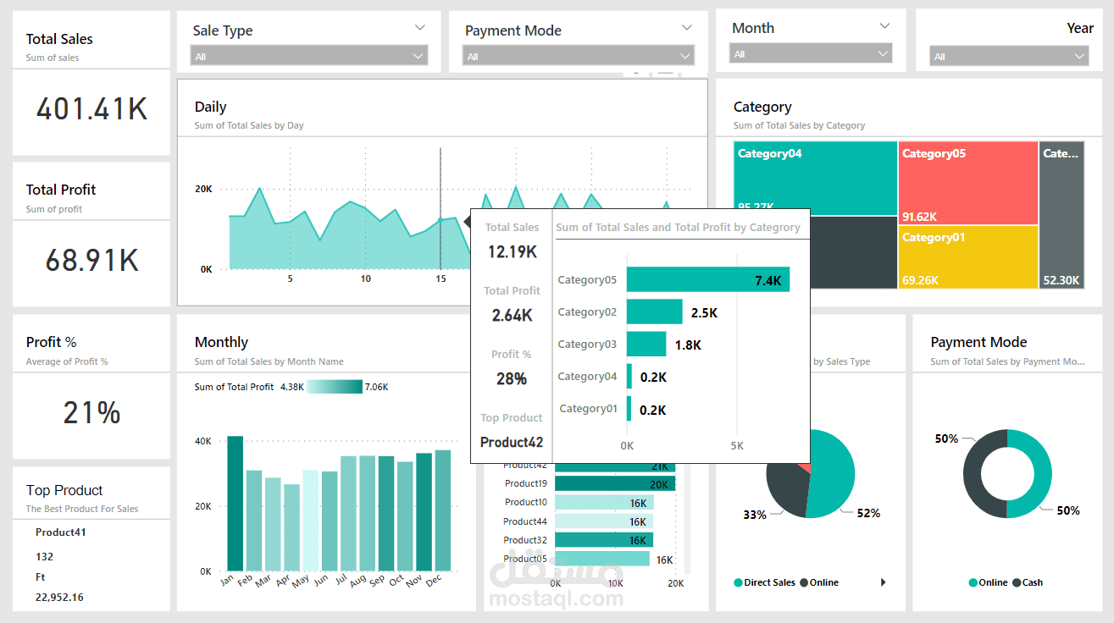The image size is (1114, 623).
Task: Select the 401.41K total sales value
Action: tap(91, 109)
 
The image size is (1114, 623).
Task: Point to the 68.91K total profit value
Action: tap(91, 260)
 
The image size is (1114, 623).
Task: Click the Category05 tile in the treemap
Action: tap(967, 183)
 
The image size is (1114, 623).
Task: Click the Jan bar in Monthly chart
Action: tap(235, 503)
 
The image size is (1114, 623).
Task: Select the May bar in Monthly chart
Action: tap(311, 520)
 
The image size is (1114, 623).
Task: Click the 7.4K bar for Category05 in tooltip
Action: tap(707, 280)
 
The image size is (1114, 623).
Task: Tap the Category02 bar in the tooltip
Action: tap(654, 312)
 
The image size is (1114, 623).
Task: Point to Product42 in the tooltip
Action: tap(512, 442)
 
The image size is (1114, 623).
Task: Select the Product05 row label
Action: tap(525, 559)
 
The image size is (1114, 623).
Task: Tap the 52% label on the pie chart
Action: tap(868, 513)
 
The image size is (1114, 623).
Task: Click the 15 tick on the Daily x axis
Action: tap(441, 278)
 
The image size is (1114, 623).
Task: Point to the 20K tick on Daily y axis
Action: tap(203, 189)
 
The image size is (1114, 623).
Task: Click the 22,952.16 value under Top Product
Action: tap(59, 598)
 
